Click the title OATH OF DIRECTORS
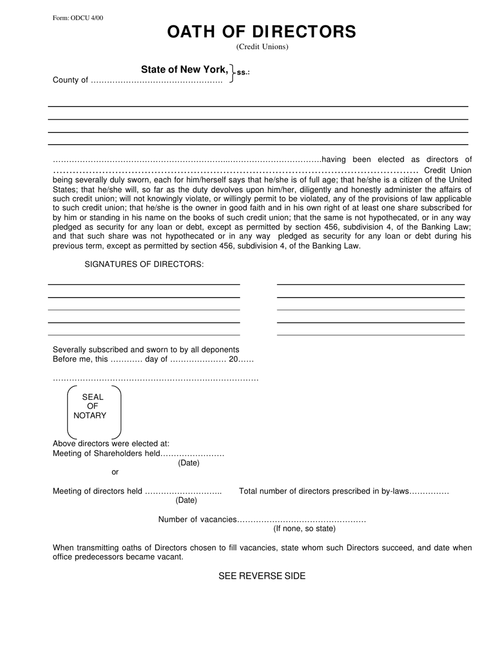(x=262, y=32)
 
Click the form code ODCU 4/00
(x=78, y=18)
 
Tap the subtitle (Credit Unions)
(x=262, y=46)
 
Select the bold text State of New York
(x=185, y=70)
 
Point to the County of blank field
(x=157, y=81)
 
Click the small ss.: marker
(x=243, y=72)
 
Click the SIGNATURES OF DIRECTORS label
(x=144, y=264)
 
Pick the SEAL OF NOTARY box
(x=94, y=412)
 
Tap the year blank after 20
(x=249, y=359)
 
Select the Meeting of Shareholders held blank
(x=192, y=454)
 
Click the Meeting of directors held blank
(x=183, y=492)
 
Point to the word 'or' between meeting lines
(x=115, y=472)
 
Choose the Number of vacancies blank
(x=302, y=520)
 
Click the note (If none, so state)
(x=304, y=529)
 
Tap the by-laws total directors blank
(x=429, y=492)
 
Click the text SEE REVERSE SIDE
(x=262, y=576)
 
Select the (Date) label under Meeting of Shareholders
(x=189, y=463)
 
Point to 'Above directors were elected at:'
(x=111, y=444)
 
